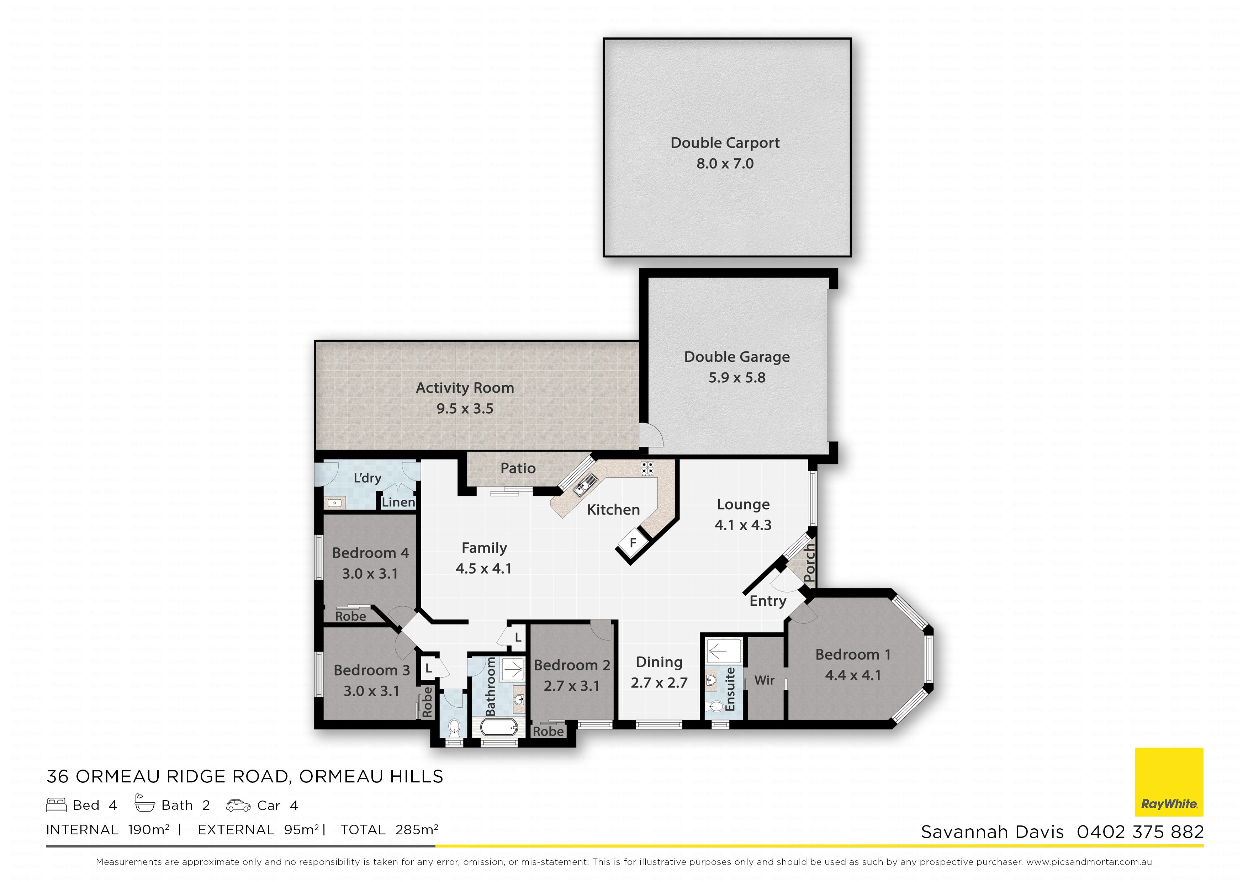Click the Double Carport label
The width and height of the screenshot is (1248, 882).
pyautogui.click(x=725, y=143)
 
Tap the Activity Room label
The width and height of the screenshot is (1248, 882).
pyautogui.click(x=465, y=388)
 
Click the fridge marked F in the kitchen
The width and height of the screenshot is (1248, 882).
pyautogui.click(x=633, y=542)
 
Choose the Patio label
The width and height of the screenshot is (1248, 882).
pyautogui.click(x=518, y=468)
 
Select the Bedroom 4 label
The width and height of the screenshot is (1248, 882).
pyautogui.click(x=370, y=553)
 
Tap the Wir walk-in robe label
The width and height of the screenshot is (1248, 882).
pyautogui.click(x=764, y=680)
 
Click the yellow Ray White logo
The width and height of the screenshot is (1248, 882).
pyautogui.click(x=1169, y=782)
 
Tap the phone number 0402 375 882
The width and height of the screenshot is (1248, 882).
pyautogui.click(x=1140, y=832)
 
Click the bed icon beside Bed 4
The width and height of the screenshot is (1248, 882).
pyautogui.click(x=57, y=805)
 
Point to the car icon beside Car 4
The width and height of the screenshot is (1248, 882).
pyautogui.click(x=238, y=806)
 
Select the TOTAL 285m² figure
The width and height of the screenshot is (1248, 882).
pyautogui.click(x=390, y=830)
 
